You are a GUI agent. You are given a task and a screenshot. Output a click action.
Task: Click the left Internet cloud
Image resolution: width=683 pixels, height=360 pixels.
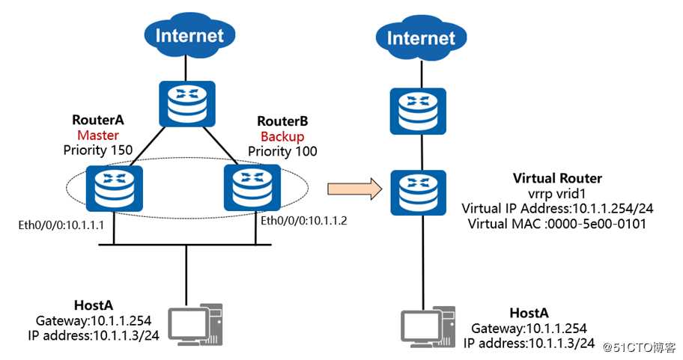(189, 34)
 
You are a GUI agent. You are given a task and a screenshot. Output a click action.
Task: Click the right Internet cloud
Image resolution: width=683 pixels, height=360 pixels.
(420, 37)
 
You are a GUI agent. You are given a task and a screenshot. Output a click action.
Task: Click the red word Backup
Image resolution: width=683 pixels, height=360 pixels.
(282, 136)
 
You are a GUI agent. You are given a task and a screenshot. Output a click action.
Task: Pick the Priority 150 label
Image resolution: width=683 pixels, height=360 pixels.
(98, 150)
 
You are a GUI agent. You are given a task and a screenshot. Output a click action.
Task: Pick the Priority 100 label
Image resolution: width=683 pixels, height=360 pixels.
(282, 151)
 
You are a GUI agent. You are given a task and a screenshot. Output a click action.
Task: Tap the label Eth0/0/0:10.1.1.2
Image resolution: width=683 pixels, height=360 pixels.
(306, 222)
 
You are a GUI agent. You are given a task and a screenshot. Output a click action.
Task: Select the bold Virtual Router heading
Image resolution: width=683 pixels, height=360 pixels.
(557, 178)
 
